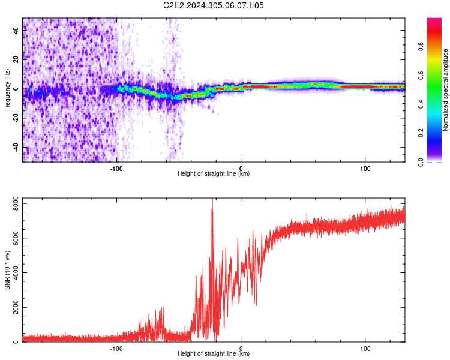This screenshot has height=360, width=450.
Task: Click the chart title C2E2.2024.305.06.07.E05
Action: click(213, 5)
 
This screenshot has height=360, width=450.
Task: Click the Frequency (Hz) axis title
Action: click(7, 90)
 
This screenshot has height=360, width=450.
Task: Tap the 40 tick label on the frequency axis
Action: click(16, 30)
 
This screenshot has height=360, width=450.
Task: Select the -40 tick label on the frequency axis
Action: click(16, 148)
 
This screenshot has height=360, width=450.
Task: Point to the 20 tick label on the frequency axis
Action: click(16, 59)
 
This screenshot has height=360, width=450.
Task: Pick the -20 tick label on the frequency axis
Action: click(16, 118)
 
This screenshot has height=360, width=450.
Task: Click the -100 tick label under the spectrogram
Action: click(116, 169)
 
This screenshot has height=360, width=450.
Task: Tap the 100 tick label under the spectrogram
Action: click(365, 169)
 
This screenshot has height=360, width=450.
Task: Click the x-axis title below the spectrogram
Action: click(214, 173)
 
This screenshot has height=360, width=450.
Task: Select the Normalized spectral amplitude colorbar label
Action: click(445, 90)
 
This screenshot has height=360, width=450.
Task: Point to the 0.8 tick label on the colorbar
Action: click(421, 47)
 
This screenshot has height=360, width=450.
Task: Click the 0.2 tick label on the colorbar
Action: click(421, 133)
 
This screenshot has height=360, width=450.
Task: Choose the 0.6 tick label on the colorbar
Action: click(421, 76)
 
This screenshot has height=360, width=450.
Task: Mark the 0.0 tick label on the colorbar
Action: click(421, 162)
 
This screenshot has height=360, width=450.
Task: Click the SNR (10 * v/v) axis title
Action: click(7, 270)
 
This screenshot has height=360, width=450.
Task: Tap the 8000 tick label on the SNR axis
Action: click(16, 203)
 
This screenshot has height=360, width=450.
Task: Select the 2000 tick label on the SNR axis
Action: click(16, 307)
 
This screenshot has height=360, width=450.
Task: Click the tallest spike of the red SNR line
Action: click(212, 199)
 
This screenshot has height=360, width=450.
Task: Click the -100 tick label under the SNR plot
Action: click(116, 349)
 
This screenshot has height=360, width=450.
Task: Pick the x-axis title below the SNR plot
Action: click(214, 353)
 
